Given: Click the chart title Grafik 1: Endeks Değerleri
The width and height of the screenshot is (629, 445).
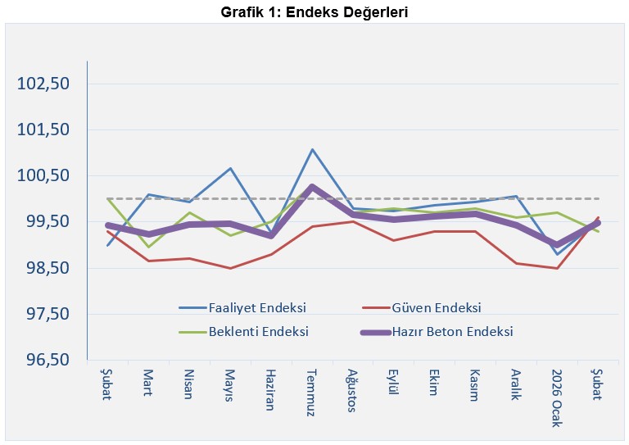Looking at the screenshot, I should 314,12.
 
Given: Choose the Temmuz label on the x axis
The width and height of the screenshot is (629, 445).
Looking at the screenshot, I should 311,393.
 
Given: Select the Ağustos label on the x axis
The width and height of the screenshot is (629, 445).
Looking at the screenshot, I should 352,392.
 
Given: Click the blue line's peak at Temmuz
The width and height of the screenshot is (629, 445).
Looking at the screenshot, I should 312,149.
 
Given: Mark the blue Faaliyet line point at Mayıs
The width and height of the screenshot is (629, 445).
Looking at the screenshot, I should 231,169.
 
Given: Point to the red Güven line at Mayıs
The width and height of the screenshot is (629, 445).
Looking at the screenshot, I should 231,268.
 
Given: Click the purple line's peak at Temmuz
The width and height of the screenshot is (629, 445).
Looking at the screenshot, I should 312,187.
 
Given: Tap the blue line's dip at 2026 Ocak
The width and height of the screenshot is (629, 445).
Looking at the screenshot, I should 557,254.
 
